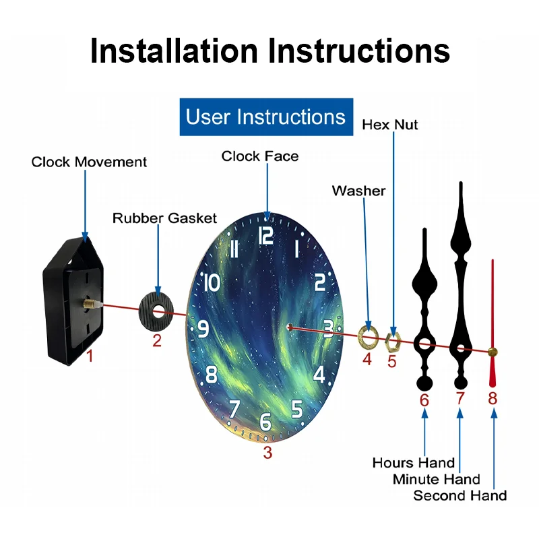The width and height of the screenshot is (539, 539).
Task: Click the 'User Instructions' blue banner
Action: [x=265, y=117]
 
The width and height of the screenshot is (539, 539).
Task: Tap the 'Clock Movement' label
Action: [x=89, y=162]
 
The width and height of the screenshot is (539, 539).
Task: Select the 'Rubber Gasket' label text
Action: [x=164, y=218]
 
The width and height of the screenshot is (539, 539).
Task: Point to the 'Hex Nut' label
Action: [x=389, y=125]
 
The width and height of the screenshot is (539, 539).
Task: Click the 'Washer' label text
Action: [x=358, y=191]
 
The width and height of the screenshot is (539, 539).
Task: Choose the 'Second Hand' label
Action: [x=459, y=496]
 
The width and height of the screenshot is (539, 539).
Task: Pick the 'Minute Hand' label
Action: [x=437, y=479]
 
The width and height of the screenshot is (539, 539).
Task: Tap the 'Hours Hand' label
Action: [x=413, y=463]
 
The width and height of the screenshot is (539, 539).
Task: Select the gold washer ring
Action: [x=368, y=335]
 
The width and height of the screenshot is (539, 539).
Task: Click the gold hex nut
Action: [x=393, y=340]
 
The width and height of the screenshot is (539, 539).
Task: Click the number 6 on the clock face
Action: [x=265, y=422]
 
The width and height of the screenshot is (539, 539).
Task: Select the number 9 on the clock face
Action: [x=202, y=329]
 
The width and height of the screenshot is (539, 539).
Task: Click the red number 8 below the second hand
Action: [x=493, y=398]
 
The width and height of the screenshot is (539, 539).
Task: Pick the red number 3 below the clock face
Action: [x=267, y=453]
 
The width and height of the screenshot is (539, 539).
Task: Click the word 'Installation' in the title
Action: [x=173, y=51]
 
